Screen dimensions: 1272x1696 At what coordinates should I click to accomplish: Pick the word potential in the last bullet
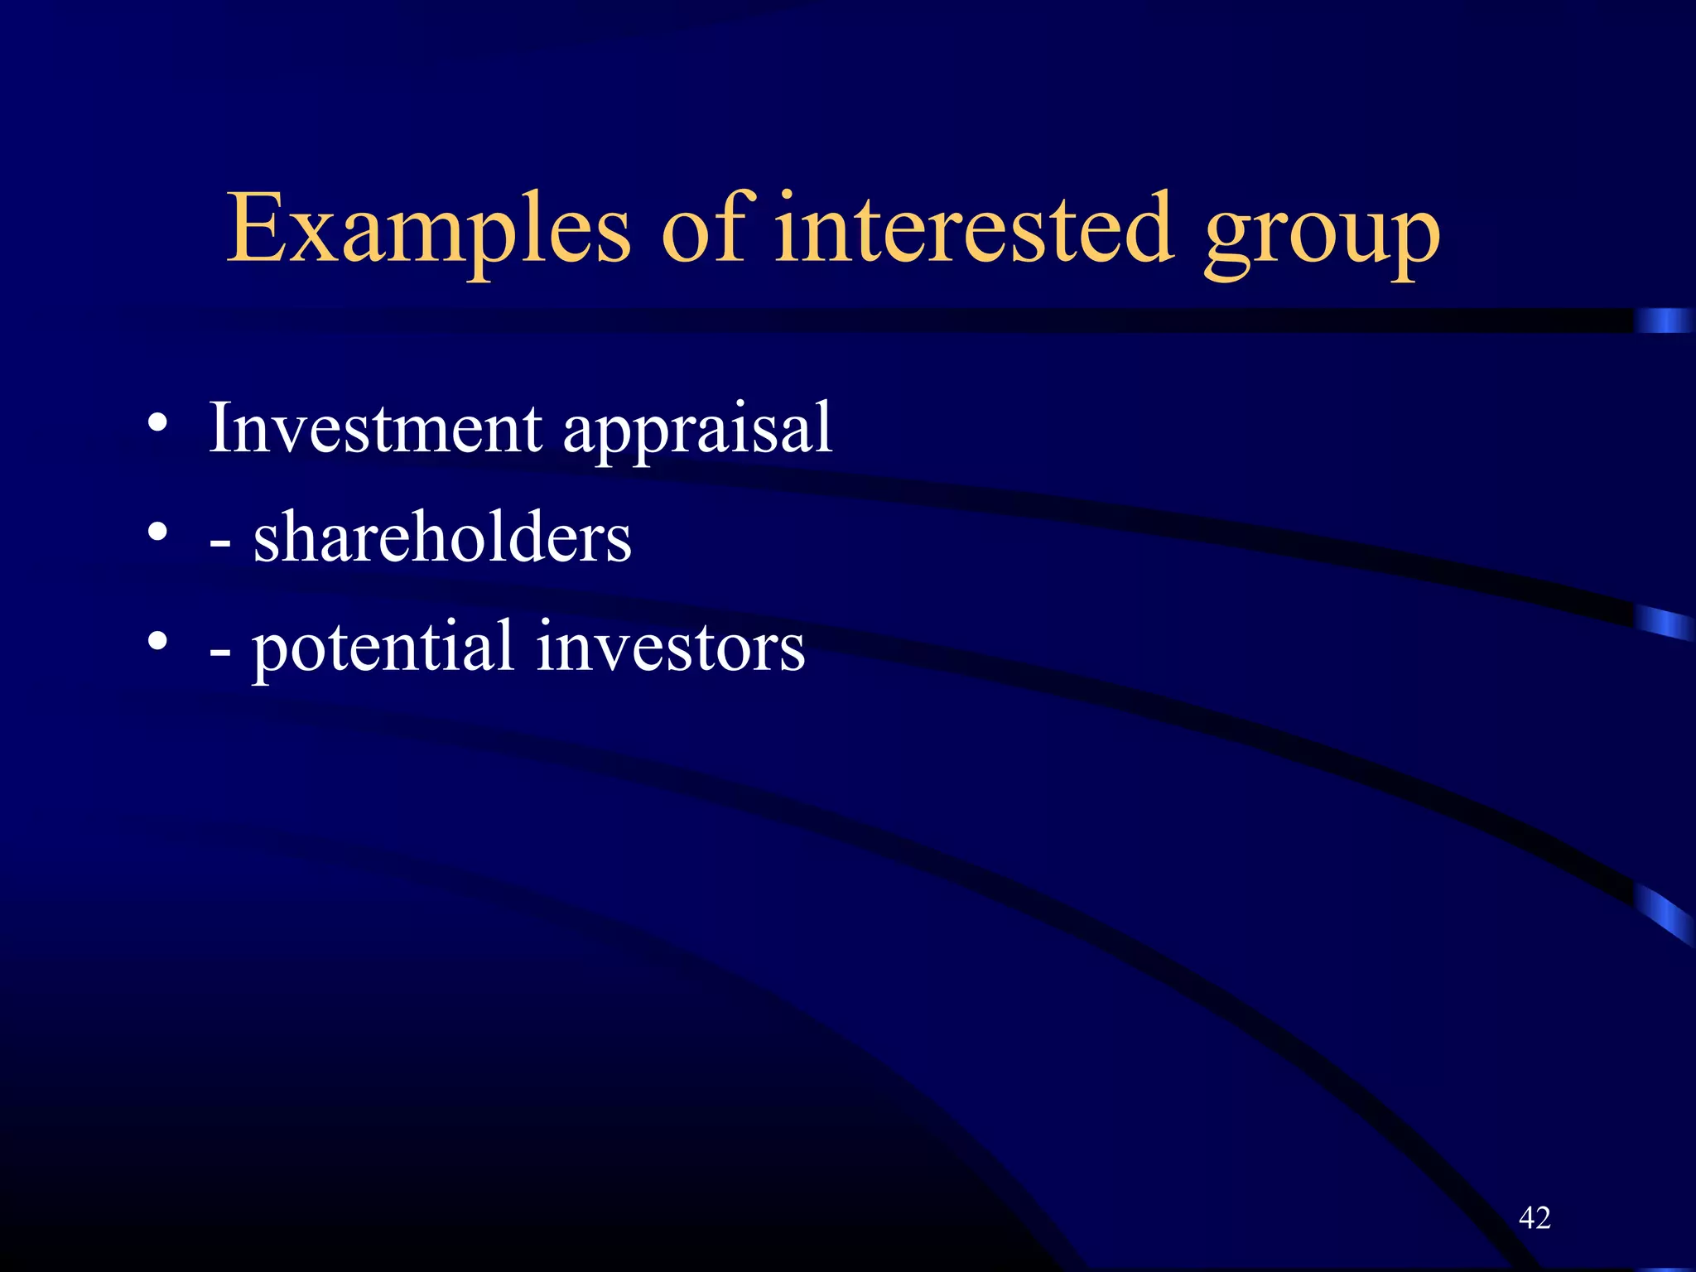(383, 648)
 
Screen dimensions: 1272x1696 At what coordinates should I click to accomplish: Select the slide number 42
(1535, 1217)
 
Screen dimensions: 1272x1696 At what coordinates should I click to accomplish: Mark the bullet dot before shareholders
(157, 532)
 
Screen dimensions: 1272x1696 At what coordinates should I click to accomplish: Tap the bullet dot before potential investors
(157, 640)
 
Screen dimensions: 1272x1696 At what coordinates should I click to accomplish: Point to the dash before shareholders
(220, 544)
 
